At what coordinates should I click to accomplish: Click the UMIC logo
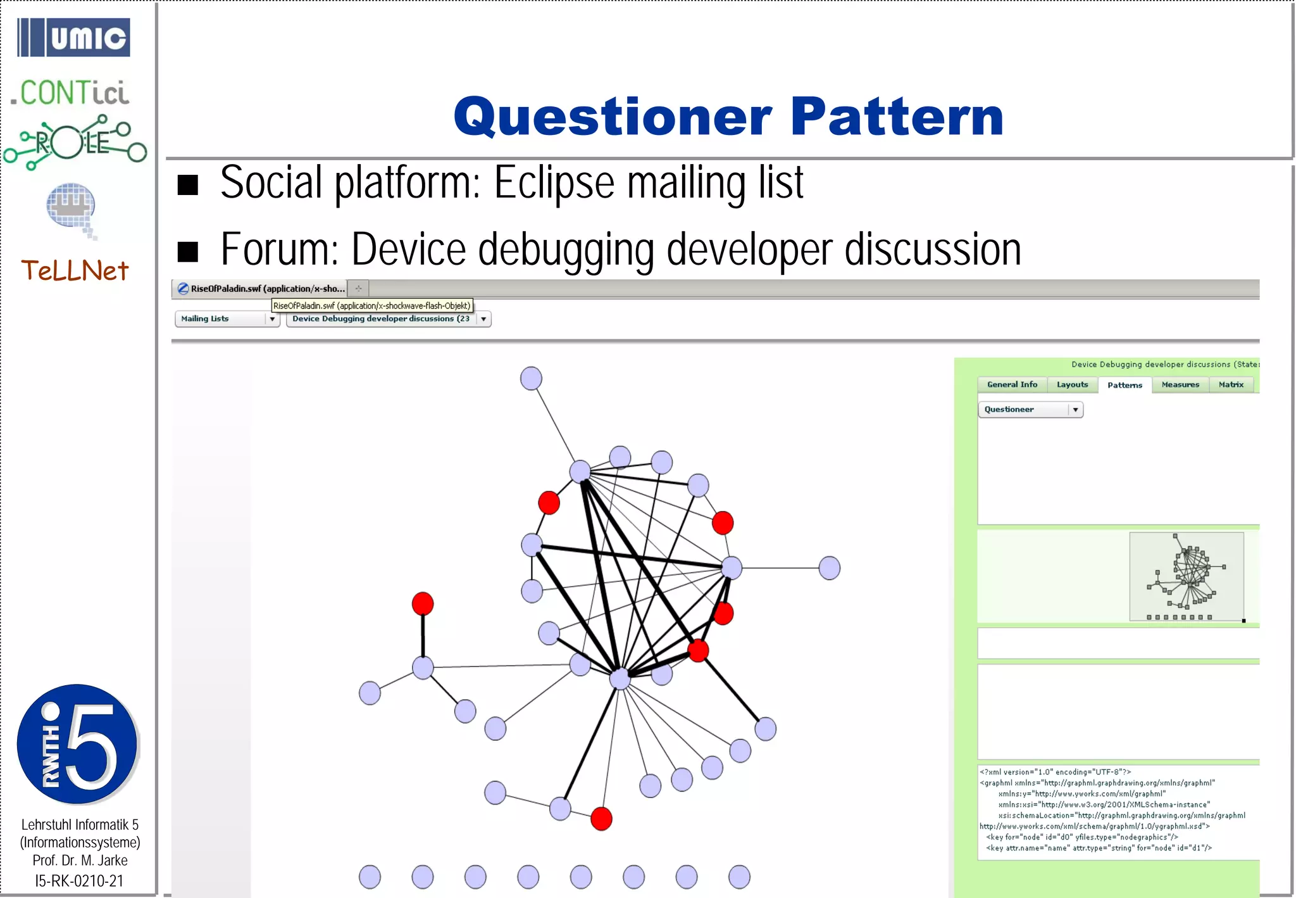[x=73, y=37]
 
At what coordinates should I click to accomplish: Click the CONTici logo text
[x=71, y=93]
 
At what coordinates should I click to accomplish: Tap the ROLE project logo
[x=75, y=142]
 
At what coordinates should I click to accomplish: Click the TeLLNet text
[x=75, y=271]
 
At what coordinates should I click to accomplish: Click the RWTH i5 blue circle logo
[x=77, y=744]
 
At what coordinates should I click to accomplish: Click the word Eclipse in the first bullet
[x=554, y=183]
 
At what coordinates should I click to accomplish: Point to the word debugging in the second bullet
[x=566, y=250]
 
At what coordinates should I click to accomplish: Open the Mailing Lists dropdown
[x=227, y=319]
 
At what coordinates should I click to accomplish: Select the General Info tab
[x=1012, y=384]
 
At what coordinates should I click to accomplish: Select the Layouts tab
[x=1072, y=384]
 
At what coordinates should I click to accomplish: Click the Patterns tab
[x=1125, y=385]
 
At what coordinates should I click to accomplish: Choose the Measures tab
[x=1180, y=384]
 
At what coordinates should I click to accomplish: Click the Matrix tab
[x=1231, y=384]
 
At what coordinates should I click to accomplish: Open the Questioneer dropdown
[x=1030, y=410]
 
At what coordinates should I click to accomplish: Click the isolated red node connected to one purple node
[x=423, y=604]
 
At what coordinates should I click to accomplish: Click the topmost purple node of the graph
[x=531, y=379]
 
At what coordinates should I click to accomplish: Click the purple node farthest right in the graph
[x=829, y=568]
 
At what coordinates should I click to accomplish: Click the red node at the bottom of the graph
[x=601, y=819]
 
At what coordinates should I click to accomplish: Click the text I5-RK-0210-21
[x=79, y=881]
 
